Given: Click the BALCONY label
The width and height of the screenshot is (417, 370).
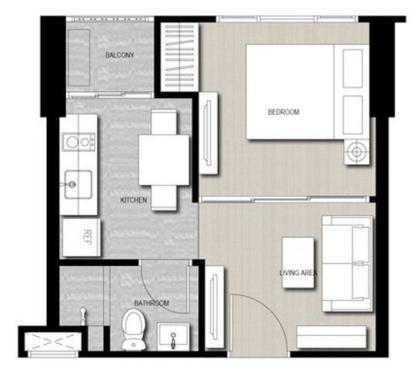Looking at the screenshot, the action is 120,55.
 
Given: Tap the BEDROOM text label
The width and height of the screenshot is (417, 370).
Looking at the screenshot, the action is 283,112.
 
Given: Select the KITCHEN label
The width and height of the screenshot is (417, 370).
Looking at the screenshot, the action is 134,200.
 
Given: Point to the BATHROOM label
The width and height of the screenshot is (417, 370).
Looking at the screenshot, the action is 152,303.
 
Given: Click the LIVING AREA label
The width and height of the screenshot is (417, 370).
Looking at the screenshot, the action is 299,273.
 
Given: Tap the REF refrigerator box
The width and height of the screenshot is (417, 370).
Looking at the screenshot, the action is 82,237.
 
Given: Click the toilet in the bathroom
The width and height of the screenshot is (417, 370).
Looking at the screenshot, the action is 134,329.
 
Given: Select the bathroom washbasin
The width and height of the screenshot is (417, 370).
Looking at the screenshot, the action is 173,337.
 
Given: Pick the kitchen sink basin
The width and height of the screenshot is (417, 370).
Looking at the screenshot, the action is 78,184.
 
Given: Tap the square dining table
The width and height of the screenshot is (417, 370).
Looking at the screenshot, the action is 164,160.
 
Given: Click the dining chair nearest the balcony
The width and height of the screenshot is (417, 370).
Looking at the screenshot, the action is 164,122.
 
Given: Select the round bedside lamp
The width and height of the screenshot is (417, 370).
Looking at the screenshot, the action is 357,152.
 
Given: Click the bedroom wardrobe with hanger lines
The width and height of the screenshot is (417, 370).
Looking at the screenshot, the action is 180,56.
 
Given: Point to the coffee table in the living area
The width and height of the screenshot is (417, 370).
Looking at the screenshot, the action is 298,262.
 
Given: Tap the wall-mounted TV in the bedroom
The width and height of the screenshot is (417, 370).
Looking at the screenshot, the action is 208,133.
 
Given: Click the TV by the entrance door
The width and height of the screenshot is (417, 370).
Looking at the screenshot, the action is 215,307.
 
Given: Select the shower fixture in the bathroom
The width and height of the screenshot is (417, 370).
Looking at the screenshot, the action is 84,316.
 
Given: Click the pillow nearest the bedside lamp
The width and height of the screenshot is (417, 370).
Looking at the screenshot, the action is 352,115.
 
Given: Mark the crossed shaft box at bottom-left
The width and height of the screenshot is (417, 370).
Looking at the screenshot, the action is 53,341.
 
